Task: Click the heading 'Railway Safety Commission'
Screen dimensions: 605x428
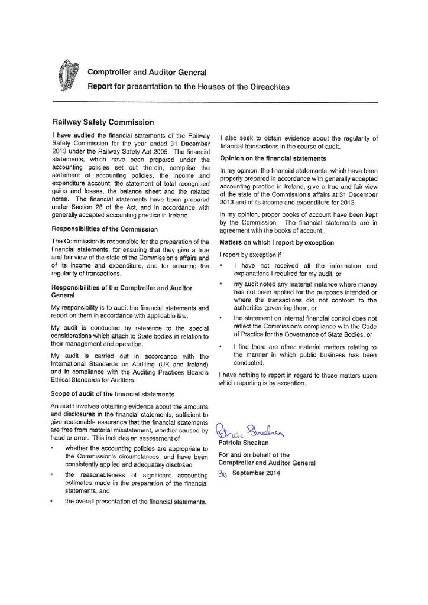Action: coord(103,122)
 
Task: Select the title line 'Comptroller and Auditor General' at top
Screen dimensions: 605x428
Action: coord(147,73)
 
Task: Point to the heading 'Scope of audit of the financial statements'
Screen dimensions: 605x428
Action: coord(112,393)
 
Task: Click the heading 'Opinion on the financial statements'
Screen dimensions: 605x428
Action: coord(273,158)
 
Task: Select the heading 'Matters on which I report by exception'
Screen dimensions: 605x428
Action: coord(277,242)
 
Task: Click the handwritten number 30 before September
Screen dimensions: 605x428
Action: coord(223,474)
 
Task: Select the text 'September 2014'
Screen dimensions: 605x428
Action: coord(256,473)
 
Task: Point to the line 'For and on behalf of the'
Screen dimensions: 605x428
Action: coord(254,455)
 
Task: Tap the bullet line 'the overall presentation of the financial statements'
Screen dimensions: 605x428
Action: coord(135,502)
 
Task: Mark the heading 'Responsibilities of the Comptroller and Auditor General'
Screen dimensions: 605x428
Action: coord(118,290)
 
